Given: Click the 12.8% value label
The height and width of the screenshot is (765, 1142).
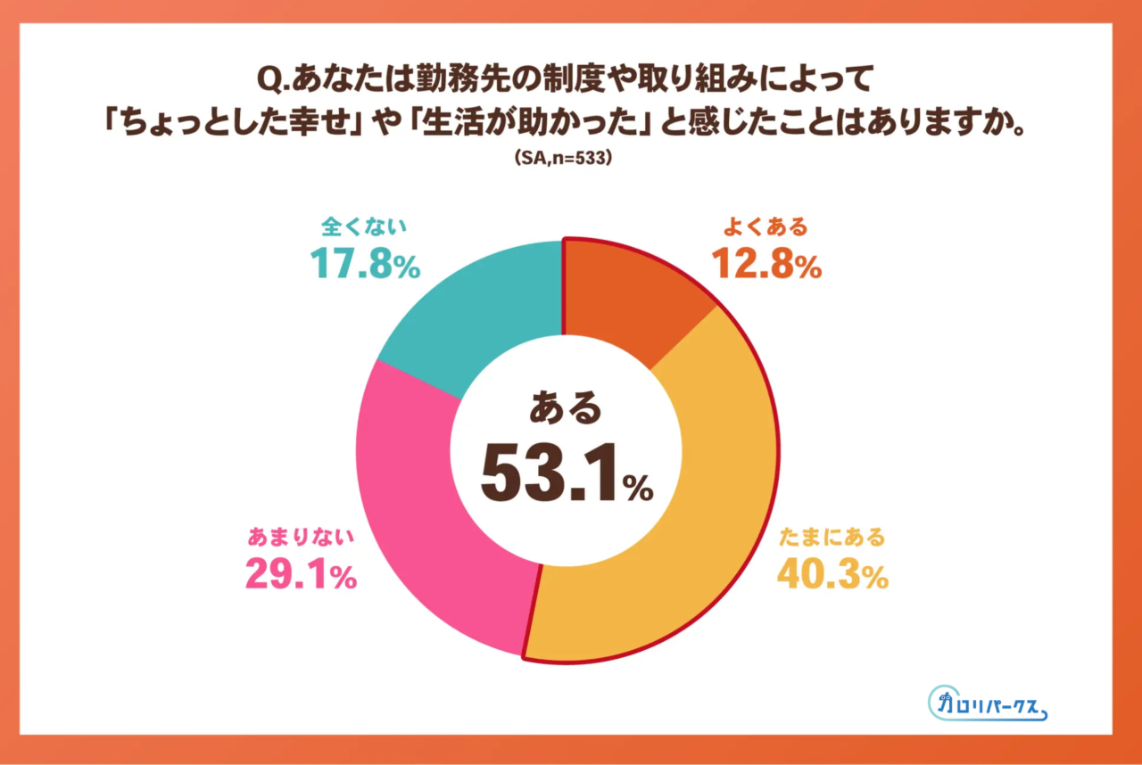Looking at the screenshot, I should coord(765,264).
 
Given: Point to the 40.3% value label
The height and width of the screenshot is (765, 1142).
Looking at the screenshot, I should coord(832,574).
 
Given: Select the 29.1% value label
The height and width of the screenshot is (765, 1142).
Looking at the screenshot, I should coord(301,574).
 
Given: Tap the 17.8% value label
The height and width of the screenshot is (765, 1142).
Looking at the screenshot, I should coord(364,264).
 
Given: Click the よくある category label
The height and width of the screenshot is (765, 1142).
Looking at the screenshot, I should coord(765,226).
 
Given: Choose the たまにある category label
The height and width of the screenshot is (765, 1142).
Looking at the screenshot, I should coord(832,537).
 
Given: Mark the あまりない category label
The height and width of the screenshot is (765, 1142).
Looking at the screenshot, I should coord(301,537).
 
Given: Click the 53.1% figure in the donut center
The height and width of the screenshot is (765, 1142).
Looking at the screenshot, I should coord(567,473).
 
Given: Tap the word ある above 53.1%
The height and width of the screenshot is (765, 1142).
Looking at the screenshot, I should coord(566,409).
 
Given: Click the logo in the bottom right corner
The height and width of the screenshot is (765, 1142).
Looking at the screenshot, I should coord(987,704).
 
